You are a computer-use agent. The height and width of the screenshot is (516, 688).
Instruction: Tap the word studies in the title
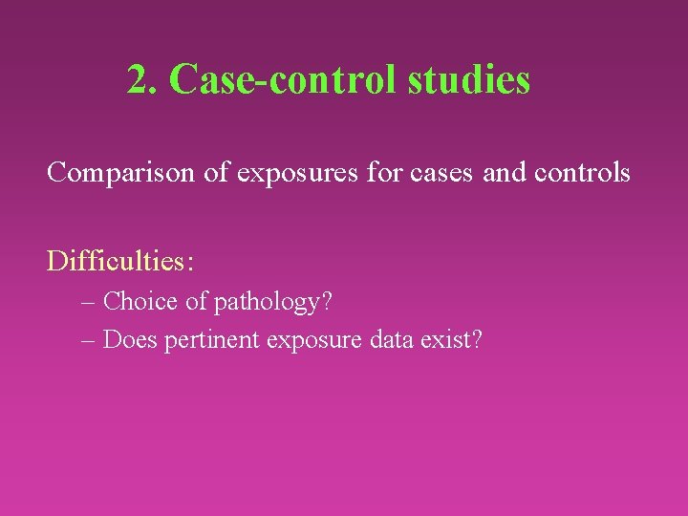tap(468, 79)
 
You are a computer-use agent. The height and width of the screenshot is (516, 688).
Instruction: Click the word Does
tap(130, 339)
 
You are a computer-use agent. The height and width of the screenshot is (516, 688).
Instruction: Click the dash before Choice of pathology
tap(90, 303)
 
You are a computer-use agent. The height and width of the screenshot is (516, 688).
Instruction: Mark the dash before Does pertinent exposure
tap(90, 340)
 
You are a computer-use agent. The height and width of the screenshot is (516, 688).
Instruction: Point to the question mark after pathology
tap(327, 302)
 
